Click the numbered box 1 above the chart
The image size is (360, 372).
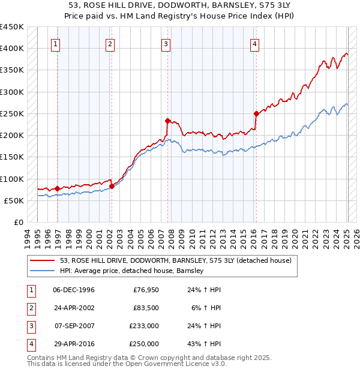pos(55,43)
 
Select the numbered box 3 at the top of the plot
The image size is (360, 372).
pos(165,43)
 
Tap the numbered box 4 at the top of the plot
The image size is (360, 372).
pos(254,43)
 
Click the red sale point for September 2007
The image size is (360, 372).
pos(167,121)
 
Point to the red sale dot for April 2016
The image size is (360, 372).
pos(256,113)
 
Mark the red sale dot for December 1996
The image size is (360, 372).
pos(58,188)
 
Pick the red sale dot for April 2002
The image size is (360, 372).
pos(112,186)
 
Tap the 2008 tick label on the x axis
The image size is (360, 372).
pos(172,237)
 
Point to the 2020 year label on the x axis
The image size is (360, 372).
pos(296,237)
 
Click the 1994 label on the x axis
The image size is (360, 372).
pos(28,237)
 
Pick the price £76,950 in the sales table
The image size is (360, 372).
pos(146,290)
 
